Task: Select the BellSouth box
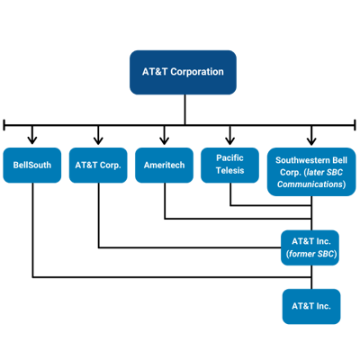32,166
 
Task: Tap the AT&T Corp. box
98,166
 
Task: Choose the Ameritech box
164,166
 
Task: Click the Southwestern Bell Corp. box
311,171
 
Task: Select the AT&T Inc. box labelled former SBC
311,247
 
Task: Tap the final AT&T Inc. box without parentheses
311,306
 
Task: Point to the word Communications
311,184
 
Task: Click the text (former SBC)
311,254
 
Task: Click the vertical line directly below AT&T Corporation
185,108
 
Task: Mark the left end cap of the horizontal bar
5,122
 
